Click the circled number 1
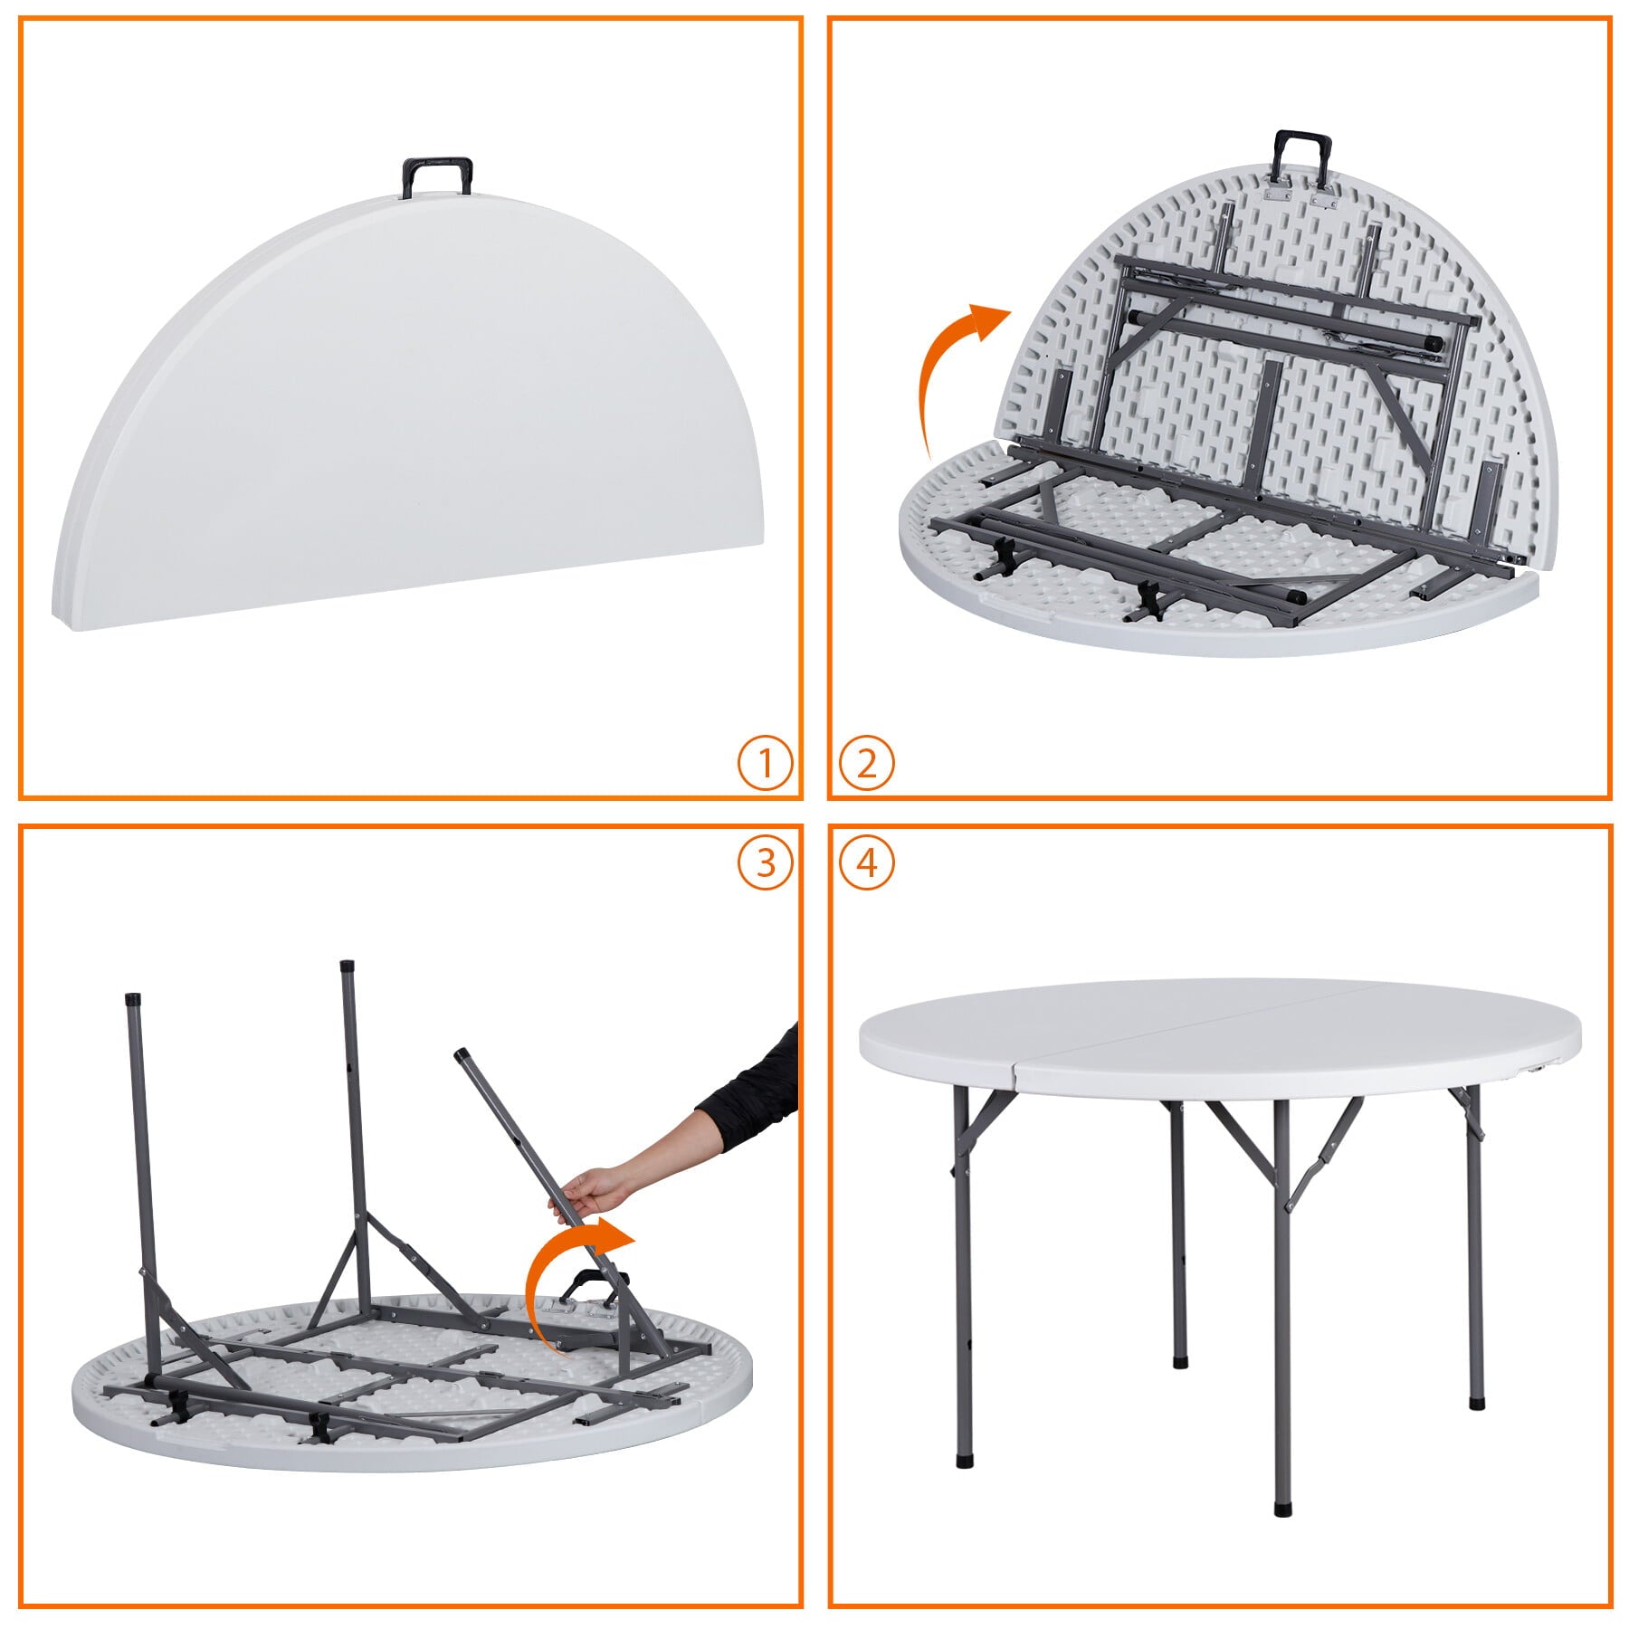tap(765, 764)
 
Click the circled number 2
tap(866, 764)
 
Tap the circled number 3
tap(765, 862)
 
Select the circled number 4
tap(866, 862)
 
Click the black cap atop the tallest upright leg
tap(347, 967)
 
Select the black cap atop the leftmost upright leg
tap(132, 1000)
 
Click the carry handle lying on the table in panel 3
tap(588, 1283)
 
